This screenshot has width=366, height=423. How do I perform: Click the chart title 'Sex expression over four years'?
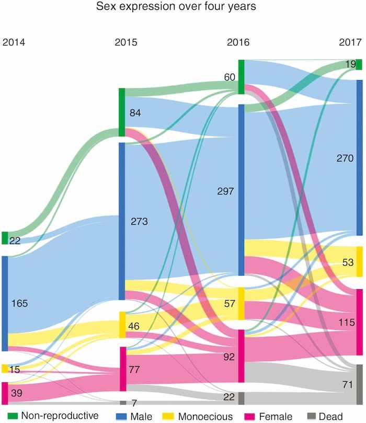(x=176, y=6)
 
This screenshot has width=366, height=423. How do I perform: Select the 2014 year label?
(x=14, y=42)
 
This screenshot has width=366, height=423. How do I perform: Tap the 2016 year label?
(x=238, y=42)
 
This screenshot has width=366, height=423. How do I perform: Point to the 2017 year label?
(x=350, y=42)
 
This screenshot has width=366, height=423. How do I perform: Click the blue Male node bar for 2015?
(x=122, y=221)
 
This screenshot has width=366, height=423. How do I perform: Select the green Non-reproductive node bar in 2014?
(x=5, y=238)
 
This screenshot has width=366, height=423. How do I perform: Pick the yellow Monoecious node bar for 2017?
(x=360, y=261)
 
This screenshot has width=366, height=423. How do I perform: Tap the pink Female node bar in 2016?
(x=242, y=356)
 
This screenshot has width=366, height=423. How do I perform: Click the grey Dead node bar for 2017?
(x=360, y=384)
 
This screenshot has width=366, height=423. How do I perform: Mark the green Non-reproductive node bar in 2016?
(x=242, y=77)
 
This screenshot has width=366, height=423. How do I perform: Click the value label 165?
(x=19, y=303)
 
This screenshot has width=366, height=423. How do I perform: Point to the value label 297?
(x=225, y=191)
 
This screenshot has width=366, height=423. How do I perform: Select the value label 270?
(x=345, y=158)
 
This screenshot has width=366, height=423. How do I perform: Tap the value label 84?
(x=135, y=113)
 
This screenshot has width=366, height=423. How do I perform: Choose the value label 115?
(x=347, y=323)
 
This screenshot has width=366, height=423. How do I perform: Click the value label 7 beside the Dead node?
(x=134, y=403)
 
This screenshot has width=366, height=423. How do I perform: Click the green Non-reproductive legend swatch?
(x=13, y=416)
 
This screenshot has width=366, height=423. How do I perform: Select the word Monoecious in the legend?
(x=205, y=417)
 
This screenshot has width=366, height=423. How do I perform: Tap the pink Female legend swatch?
(x=249, y=416)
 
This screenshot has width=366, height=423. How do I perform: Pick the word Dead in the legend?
(x=330, y=417)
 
